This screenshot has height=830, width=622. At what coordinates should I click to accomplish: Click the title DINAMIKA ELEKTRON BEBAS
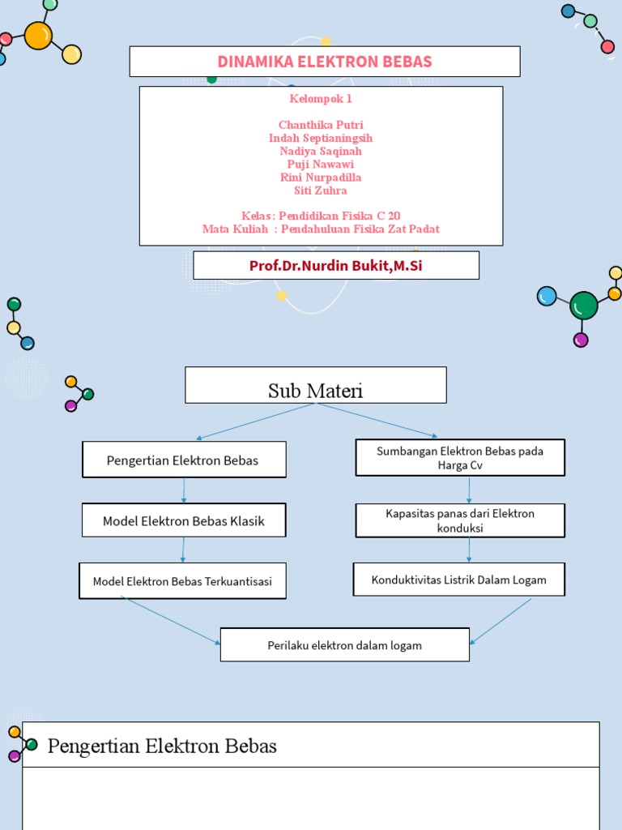(325, 62)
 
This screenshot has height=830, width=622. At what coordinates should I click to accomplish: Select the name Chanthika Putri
(321, 125)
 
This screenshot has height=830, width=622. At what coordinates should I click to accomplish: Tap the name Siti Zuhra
(321, 190)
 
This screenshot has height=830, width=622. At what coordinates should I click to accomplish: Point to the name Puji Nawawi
(321, 165)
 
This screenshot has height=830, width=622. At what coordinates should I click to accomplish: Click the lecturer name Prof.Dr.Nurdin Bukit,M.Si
(336, 266)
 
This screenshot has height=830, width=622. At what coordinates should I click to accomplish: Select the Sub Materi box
(316, 391)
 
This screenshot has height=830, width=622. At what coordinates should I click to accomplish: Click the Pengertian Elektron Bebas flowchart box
(183, 460)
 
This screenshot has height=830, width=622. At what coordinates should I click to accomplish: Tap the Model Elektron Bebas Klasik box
(184, 521)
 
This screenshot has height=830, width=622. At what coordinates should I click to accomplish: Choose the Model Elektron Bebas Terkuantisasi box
(182, 581)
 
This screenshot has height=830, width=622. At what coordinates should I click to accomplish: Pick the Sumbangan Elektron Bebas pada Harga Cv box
(460, 458)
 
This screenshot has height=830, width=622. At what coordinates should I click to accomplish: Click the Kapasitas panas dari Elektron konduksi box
(460, 520)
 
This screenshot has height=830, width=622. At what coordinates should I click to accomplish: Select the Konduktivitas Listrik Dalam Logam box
(458, 580)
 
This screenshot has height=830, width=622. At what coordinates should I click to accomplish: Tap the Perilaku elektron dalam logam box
(345, 645)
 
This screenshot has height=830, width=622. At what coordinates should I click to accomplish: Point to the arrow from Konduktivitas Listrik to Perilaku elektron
(501, 622)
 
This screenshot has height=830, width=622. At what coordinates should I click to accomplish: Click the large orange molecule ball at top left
(38, 36)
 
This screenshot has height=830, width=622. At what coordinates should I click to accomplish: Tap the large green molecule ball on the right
(583, 306)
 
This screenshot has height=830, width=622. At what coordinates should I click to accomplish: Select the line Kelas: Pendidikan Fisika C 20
(321, 216)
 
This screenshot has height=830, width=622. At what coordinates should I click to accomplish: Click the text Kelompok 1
(321, 99)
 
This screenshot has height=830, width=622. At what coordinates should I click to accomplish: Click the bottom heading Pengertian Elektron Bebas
(162, 746)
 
